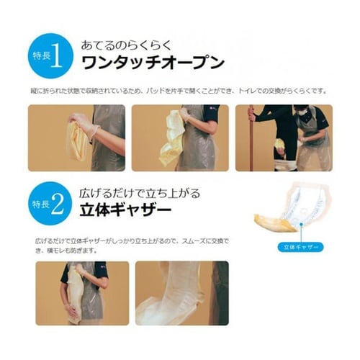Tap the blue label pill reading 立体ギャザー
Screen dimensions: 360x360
point(297,246)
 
